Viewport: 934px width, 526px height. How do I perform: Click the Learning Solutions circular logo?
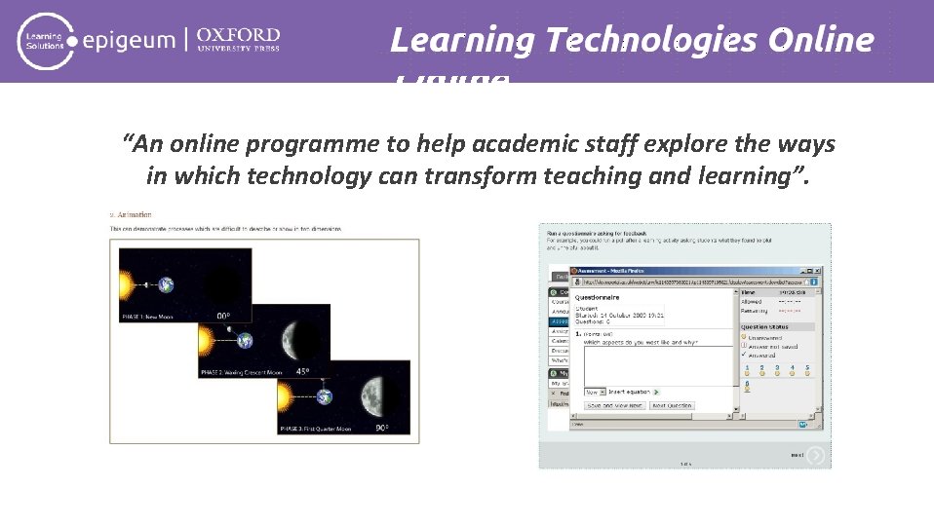point(42,41)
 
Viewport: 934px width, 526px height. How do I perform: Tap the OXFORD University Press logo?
point(238,40)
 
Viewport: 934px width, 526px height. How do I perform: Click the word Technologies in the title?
point(651,40)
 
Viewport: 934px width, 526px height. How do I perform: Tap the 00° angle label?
point(223,316)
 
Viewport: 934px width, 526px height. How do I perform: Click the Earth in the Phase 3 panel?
point(324,395)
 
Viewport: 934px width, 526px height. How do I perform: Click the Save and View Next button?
point(614,405)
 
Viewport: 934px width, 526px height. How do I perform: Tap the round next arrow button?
point(815,455)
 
